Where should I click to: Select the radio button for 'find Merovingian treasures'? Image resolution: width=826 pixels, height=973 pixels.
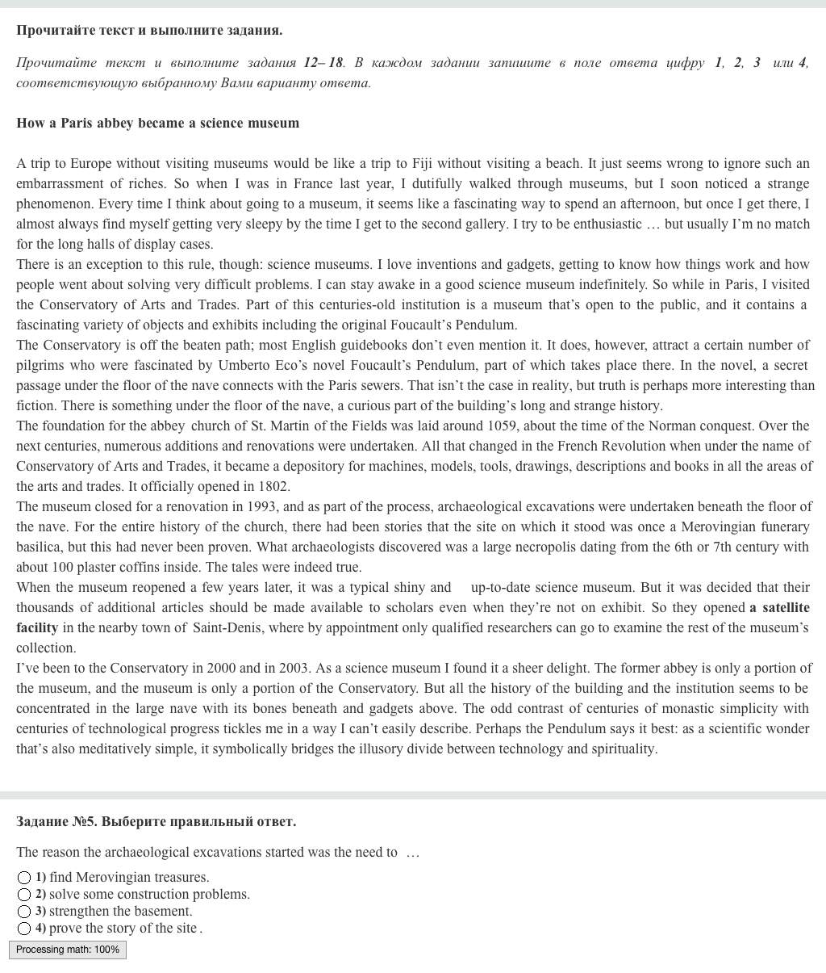(24, 878)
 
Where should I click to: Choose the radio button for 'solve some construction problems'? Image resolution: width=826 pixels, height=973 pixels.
(24, 895)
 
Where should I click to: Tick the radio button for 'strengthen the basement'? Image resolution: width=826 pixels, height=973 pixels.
(24, 912)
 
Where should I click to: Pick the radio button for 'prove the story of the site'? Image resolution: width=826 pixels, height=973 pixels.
(24, 929)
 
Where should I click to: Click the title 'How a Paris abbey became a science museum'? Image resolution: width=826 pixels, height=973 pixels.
(157, 123)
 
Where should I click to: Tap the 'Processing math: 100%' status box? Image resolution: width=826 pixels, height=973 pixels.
(68, 950)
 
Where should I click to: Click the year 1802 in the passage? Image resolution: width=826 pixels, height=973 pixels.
(273, 486)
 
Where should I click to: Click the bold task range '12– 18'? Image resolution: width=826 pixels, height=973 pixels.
(323, 62)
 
